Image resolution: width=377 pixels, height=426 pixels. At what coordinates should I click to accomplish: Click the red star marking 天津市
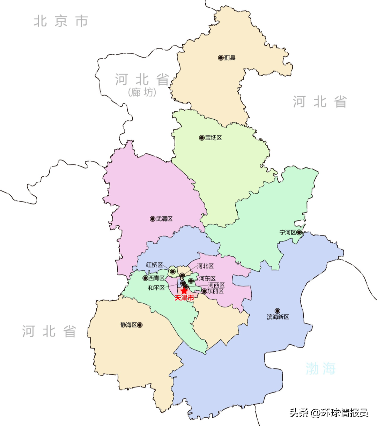tap(184, 291)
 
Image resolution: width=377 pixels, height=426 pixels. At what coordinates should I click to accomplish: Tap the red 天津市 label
tap(184, 298)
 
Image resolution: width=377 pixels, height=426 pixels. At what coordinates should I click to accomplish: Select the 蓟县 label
tap(230, 58)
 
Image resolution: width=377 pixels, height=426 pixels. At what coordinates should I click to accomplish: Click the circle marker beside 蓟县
tap(221, 58)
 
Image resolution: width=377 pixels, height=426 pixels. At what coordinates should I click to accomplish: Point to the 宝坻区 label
tap(213, 138)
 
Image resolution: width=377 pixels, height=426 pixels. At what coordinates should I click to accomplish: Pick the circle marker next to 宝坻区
tap(202, 138)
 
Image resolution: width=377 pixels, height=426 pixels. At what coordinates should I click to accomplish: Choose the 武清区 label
tap(164, 219)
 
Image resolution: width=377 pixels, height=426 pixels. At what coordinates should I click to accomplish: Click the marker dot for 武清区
tap(153, 219)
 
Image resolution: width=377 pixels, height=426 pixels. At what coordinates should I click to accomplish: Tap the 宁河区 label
tap(288, 232)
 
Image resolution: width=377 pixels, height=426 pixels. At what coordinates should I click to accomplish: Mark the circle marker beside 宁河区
tap(299, 232)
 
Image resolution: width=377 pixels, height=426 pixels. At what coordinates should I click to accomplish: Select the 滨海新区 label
tap(278, 317)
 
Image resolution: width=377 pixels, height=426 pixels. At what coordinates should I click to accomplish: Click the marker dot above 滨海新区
tap(278, 311)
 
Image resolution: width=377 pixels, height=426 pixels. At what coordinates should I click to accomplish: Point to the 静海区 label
tap(128, 325)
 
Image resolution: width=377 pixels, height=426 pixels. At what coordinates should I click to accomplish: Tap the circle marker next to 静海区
tap(140, 325)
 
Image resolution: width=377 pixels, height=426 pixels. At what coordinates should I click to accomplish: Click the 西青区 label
tap(156, 278)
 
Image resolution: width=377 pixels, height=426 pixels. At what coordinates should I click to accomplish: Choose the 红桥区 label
tap(154, 265)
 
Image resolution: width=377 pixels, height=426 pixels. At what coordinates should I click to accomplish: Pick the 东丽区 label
tap(215, 291)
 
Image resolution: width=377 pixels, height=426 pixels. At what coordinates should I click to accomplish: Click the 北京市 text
tap(61, 21)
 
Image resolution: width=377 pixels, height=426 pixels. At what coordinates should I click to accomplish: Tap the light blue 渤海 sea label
tap(320, 368)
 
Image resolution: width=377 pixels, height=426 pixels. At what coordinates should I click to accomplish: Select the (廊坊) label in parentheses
tap(142, 92)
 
